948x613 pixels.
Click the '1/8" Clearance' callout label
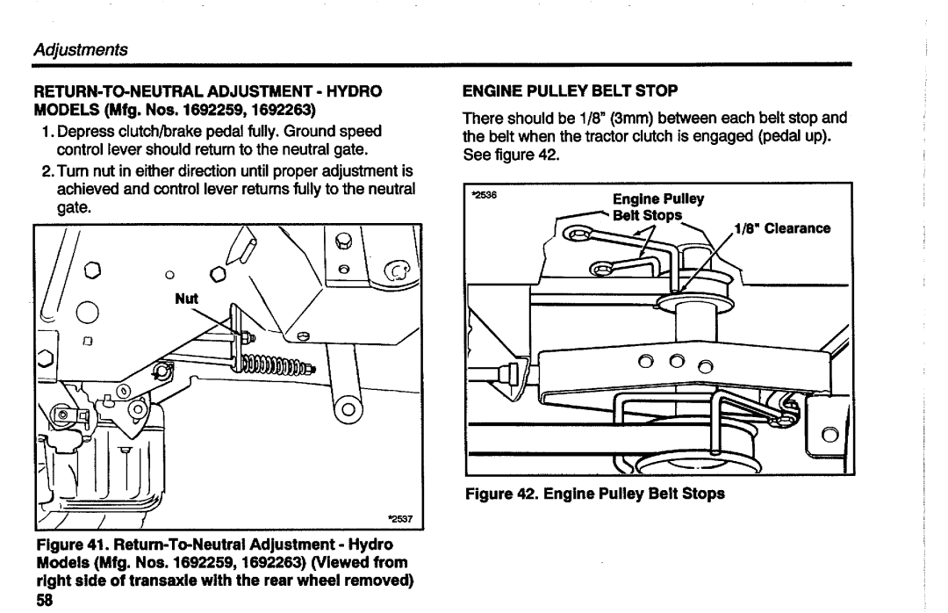coord(781,229)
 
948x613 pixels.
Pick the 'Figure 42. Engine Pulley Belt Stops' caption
coord(604,494)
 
